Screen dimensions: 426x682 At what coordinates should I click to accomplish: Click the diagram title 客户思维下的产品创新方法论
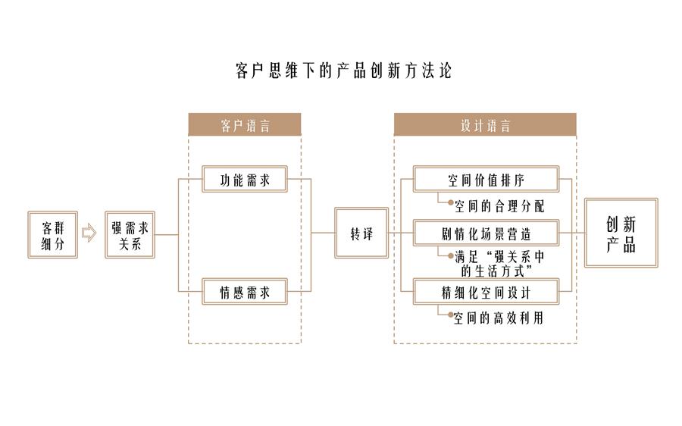click(x=343, y=72)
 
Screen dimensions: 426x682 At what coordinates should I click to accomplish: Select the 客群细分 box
click(x=53, y=234)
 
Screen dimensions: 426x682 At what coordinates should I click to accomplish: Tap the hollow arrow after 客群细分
click(x=89, y=233)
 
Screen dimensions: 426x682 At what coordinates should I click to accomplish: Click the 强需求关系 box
click(x=130, y=234)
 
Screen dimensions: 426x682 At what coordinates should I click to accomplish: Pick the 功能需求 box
click(x=246, y=180)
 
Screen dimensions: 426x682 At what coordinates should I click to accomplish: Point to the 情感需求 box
click(x=246, y=291)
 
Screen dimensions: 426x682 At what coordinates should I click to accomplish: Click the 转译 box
click(x=361, y=234)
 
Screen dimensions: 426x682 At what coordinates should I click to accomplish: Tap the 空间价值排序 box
click(x=485, y=180)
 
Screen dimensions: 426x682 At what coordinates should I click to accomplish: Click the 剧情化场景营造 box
click(x=485, y=233)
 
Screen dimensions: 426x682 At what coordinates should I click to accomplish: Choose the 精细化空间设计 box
click(x=485, y=291)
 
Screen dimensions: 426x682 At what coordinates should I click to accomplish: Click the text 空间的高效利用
click(x=499, y=318)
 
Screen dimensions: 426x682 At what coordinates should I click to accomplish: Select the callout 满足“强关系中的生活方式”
click(x=499, y=262)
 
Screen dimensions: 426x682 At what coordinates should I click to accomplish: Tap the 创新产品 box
click(x=620, y=233)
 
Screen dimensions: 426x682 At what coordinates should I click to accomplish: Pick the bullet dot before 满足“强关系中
click(x=450, y=256)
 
